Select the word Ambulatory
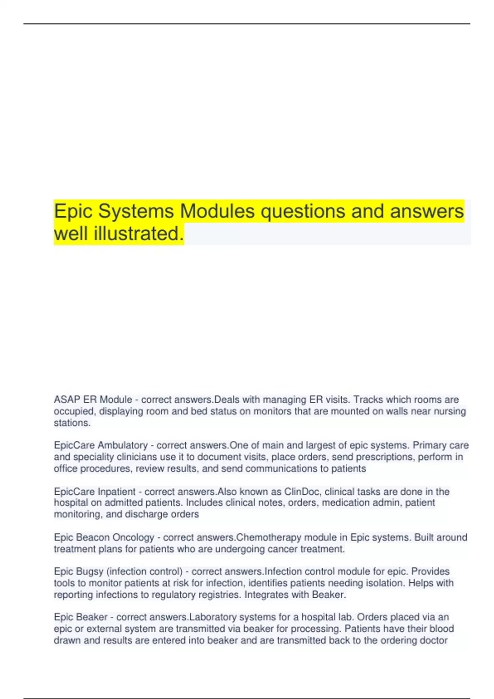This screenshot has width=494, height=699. coord(122,445)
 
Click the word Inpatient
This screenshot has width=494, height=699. coord(117,492)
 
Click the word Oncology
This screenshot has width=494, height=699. coord(133,537)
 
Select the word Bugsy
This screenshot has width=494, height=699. coord(90,572)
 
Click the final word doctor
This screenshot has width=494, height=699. coord(433,640)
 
